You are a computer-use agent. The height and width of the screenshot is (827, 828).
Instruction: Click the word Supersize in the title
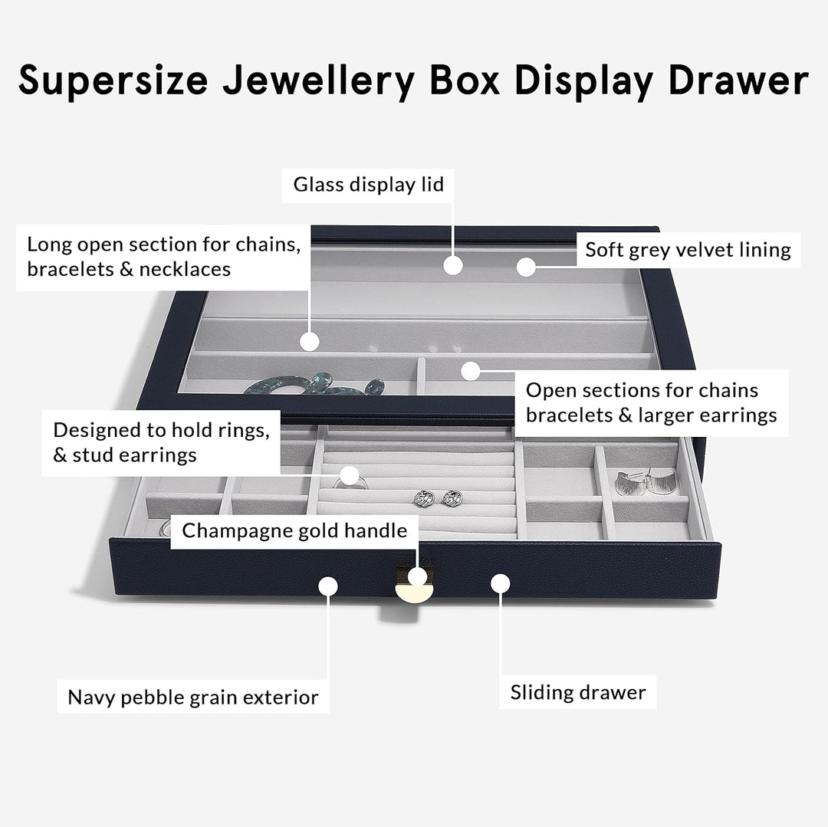113,81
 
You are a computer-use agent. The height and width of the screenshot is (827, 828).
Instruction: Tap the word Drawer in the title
738,80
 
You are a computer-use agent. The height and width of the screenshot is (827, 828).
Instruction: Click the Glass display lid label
369,185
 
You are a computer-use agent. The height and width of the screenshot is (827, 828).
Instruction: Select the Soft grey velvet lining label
688,250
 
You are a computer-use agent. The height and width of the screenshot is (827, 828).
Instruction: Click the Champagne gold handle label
294,530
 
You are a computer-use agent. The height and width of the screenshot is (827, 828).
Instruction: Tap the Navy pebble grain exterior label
193,697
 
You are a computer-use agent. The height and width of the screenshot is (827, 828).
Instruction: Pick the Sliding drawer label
578,693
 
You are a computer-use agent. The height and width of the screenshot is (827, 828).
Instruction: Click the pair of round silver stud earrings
433,498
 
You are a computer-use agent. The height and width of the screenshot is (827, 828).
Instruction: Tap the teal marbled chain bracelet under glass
322,385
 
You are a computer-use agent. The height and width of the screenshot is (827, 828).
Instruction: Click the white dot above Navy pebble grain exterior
328,586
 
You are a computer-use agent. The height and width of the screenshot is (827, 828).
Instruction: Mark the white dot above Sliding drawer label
501,584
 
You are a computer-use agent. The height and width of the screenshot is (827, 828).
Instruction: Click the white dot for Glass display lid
454,266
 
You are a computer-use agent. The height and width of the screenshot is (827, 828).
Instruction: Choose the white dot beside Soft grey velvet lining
525,267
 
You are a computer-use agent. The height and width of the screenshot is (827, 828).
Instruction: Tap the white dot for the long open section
309,341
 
